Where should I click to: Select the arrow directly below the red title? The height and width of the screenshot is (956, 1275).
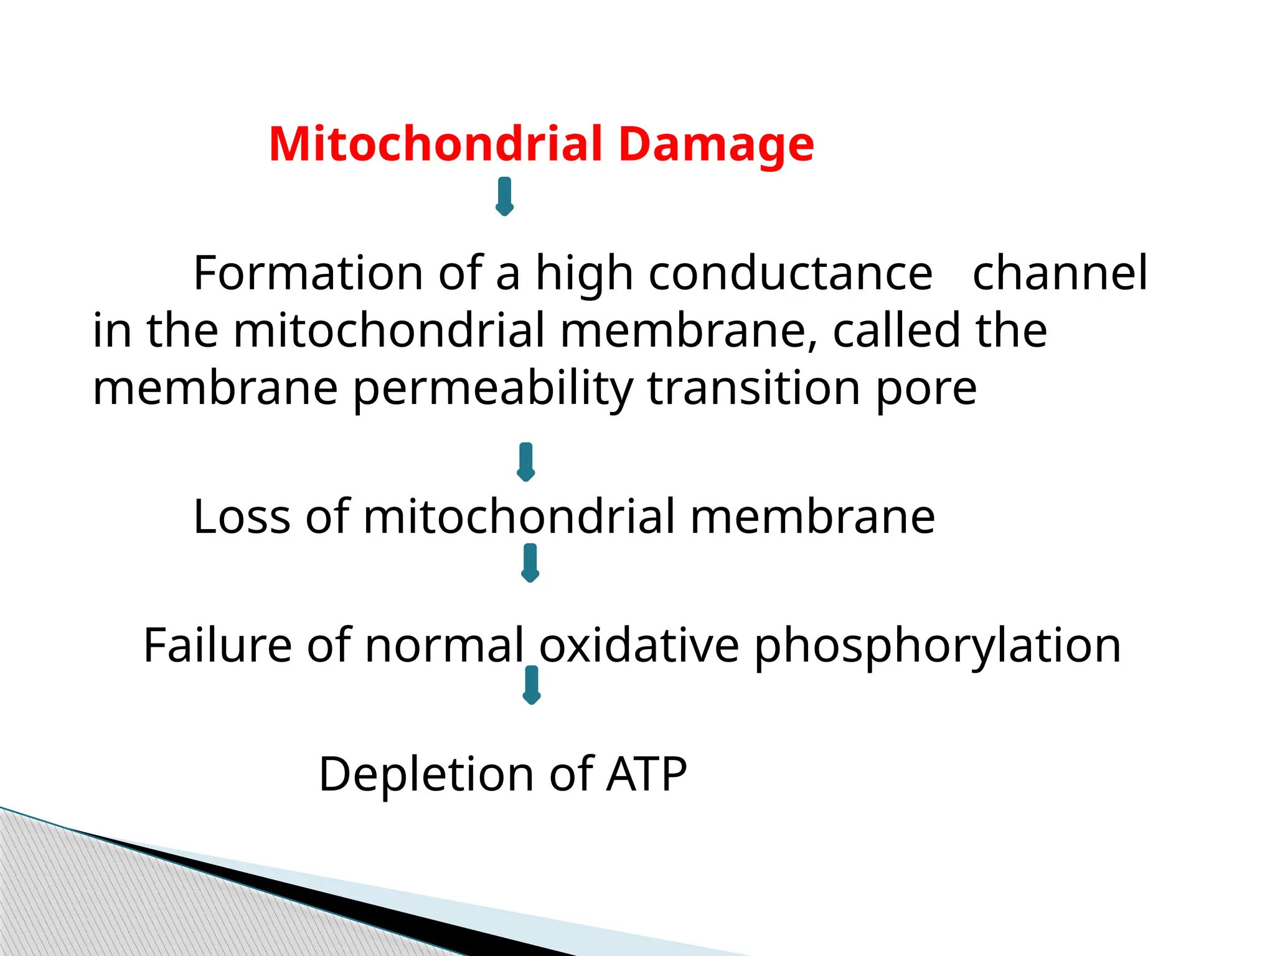click(x=504, y=197)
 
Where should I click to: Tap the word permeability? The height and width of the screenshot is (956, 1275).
click(x=492, y=390)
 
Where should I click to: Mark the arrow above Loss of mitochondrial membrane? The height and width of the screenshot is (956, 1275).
click(x=526, y=462)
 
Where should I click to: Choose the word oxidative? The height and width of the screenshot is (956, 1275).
click(x=639, y=645)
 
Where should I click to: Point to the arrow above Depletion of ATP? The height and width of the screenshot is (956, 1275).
click(x=531, y=685)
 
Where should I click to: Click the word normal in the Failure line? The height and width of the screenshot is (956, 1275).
click(x=445, y=645)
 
